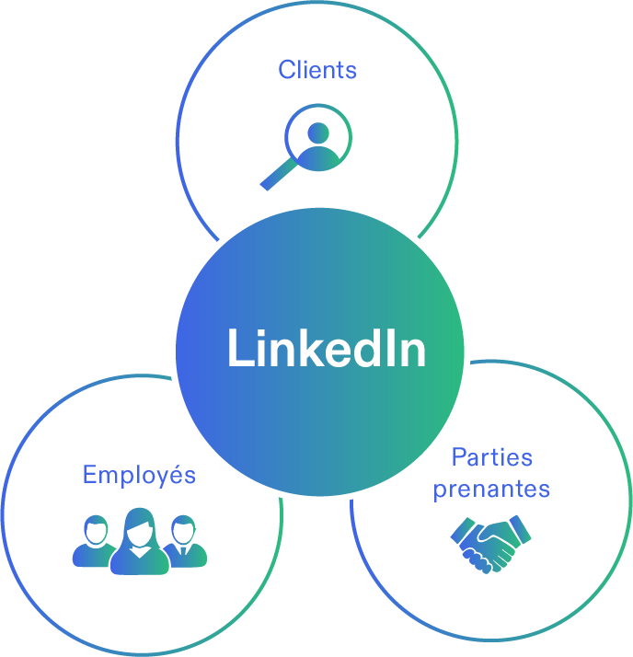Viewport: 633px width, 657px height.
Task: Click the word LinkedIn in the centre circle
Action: point(326,349)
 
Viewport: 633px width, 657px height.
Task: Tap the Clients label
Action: point(317,69)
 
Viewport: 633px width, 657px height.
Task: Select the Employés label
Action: point(139,475)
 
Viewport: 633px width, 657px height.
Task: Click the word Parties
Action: point(492,457)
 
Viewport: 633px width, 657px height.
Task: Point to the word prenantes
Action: point(491,489)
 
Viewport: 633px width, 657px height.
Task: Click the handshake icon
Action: point(491,543)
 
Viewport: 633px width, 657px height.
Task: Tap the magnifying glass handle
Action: point(277,175)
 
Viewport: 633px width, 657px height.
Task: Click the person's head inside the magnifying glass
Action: point(318,132)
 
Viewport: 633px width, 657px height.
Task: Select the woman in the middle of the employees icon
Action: point(140,543)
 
